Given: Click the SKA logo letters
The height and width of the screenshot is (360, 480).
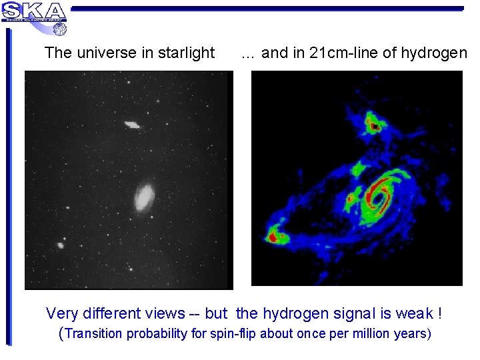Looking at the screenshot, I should pos(35,11).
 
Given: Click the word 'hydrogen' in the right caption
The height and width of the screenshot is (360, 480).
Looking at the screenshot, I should pos(435,53).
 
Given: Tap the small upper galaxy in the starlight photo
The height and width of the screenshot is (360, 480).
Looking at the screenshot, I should pos(131,124).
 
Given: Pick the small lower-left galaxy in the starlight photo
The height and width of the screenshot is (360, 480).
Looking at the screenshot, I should pos(61,245).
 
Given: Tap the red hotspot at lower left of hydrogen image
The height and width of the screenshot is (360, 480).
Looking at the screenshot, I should pos(273,235).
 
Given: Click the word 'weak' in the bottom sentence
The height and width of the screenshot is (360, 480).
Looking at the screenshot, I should pos(415,313).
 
